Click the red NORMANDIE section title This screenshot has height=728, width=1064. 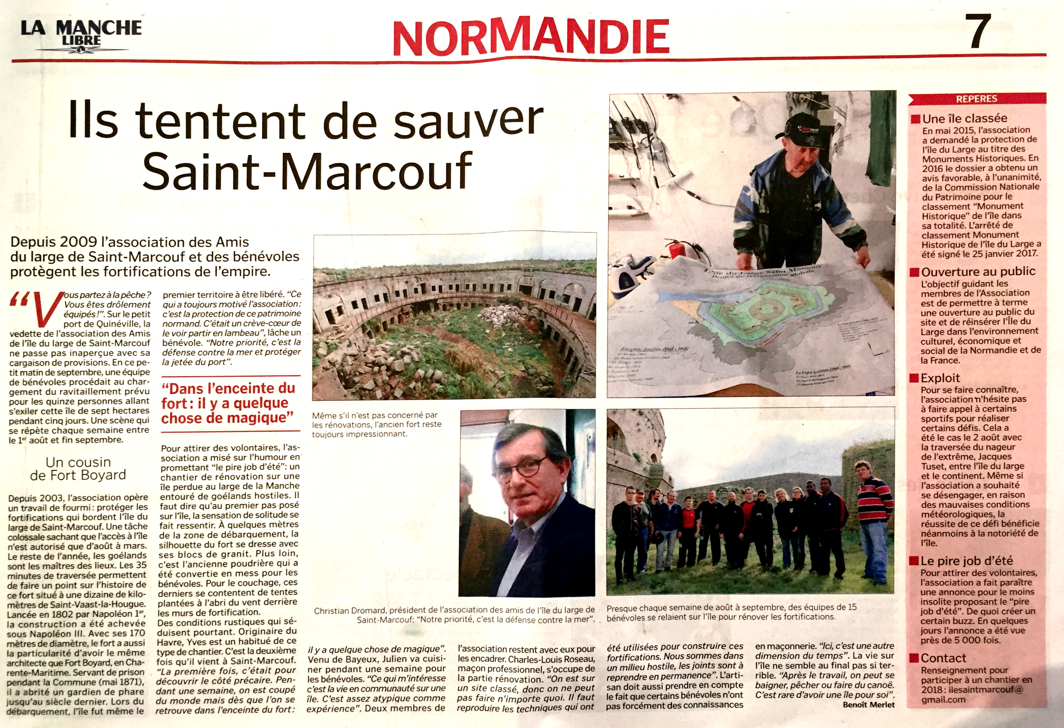[531, 37]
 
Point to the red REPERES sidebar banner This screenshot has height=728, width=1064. [976, 98]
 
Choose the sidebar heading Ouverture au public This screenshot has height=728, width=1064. [978, 271]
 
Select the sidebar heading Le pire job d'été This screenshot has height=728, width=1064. [967, 561]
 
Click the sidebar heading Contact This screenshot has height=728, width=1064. [943, 658]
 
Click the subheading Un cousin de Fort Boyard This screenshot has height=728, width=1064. [78, 468]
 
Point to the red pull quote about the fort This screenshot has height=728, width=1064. [228, 403]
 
